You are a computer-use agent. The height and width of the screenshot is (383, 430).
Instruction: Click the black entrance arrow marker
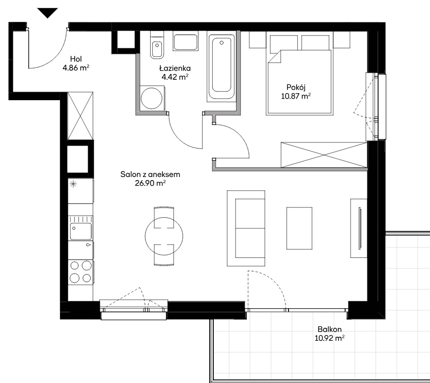point(47,13)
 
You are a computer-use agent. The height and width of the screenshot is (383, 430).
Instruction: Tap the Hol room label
point(76,59)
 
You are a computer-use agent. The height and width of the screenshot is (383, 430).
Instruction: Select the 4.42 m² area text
point(175,77)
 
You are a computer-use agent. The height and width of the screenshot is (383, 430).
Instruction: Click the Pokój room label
point(296,87)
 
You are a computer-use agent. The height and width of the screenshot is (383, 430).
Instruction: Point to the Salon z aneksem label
point(150,174)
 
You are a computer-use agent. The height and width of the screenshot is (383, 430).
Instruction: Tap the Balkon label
point(330,329)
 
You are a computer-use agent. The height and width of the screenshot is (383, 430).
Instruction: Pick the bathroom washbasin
point(185,42)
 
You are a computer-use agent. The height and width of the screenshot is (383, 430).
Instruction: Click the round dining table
point(164,236)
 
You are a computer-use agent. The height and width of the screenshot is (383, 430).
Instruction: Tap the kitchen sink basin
point(80,231)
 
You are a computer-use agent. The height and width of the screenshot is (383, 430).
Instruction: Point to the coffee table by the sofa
point(299,228)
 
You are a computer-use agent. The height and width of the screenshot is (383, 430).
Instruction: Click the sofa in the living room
point(246,228)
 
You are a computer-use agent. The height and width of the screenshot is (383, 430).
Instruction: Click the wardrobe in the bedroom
point(324,155)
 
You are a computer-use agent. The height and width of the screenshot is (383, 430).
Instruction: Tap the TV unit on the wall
point(359,228)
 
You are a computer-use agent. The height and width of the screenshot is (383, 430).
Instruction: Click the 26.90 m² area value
point(150,183)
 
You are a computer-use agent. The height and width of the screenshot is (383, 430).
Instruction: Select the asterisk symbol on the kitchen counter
point(73,184)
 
